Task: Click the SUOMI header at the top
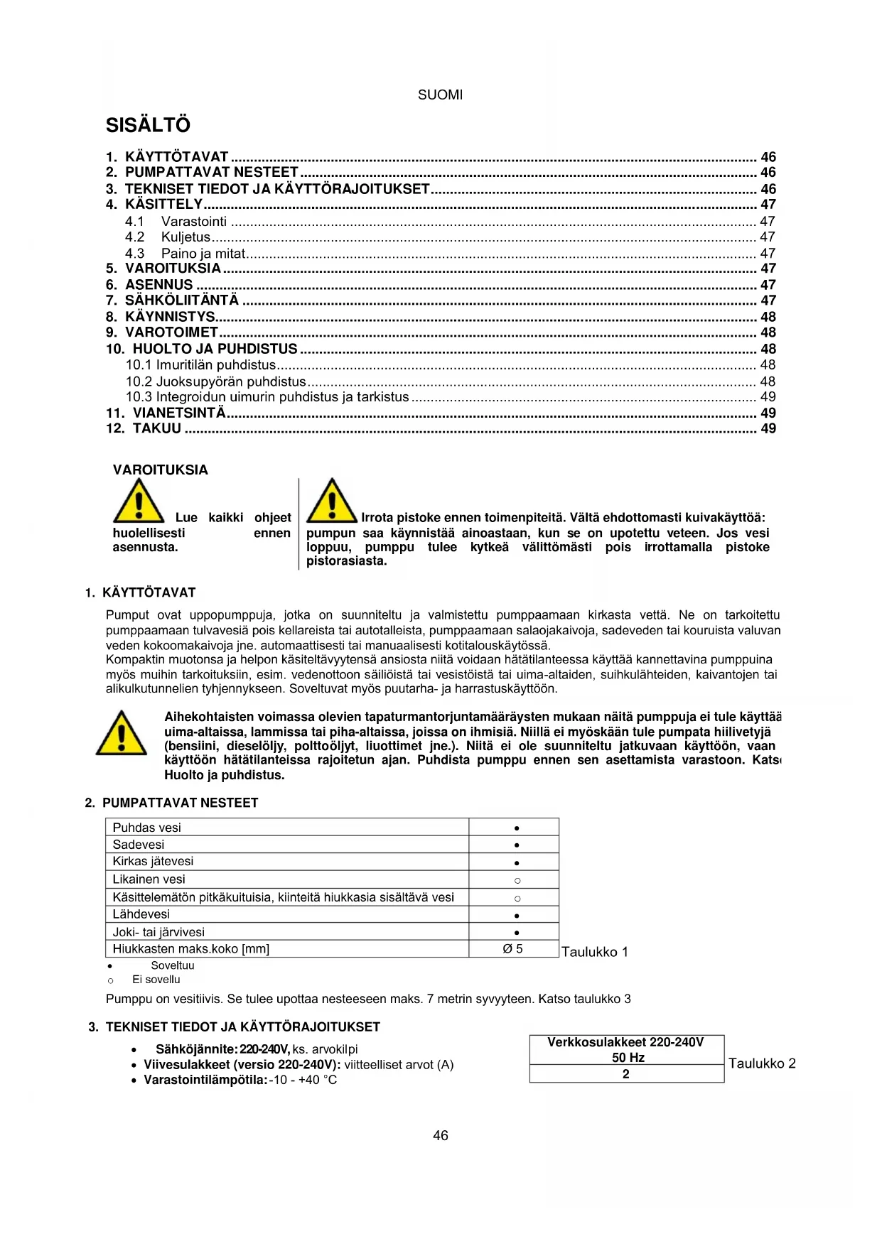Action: pos(440,95)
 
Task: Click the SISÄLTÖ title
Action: pos(148,125)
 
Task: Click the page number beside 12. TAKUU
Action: pos(768,428)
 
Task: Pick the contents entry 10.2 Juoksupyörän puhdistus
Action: pos(215,381)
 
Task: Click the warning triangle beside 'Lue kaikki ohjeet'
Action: pos(139,501)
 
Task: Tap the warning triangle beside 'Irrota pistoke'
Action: pos(331,501)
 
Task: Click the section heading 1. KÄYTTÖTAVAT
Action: pos(140,592)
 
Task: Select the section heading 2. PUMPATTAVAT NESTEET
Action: pos(171,803)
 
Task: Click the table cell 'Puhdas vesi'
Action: pos(147,828)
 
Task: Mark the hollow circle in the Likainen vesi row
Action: pos(517,881)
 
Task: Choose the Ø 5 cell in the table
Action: pos(512,949)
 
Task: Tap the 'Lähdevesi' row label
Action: pos(141,914)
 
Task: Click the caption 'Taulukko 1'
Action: pos(594,952)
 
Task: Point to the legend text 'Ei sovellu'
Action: pos(156,980)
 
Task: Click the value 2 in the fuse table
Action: pos(626,1074)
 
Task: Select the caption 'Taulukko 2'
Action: pos(762,1063)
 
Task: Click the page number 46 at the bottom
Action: pos(441,1136)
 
